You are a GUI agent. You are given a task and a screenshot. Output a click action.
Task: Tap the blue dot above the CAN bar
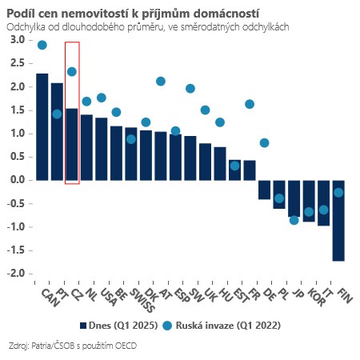(x=42, y=45)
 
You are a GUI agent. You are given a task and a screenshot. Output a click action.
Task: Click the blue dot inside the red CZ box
(x=72, y=71)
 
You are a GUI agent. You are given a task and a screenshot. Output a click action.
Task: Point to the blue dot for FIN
(x=338, y=192)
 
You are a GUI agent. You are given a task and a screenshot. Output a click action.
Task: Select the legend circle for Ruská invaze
(x=167, y=326)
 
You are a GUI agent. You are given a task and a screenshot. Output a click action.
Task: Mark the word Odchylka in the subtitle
(x=25, y=26)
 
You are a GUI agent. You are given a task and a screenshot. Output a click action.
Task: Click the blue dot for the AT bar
(x=161, y=81)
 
